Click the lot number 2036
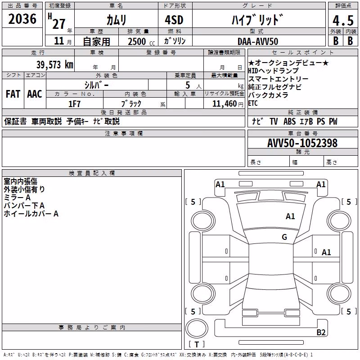click(22, 19)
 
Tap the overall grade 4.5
click(343, 20)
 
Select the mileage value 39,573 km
click(55, 64)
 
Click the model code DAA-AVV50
click(258, 41)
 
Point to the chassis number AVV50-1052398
click(302, 143)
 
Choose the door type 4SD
click(174, 20)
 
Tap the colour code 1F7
click(74, 104)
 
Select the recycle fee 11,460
click(225, 104)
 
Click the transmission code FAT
click(13, 94)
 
